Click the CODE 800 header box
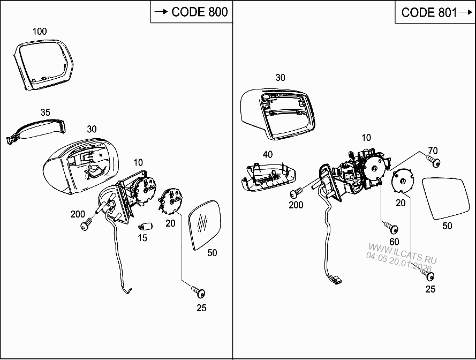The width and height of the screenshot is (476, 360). click(191, 12)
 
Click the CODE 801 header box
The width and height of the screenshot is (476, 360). click(435, 12)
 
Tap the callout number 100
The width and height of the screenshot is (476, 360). click(40, 32)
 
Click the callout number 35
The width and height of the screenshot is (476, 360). click(46, 112)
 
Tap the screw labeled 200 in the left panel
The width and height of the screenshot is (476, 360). click(86, 226)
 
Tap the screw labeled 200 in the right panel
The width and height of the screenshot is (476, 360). click(295, 193)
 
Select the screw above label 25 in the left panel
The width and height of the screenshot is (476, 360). click(199, 292)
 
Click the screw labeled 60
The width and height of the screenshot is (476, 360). click(394, 228)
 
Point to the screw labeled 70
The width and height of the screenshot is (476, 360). click(434, 162)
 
